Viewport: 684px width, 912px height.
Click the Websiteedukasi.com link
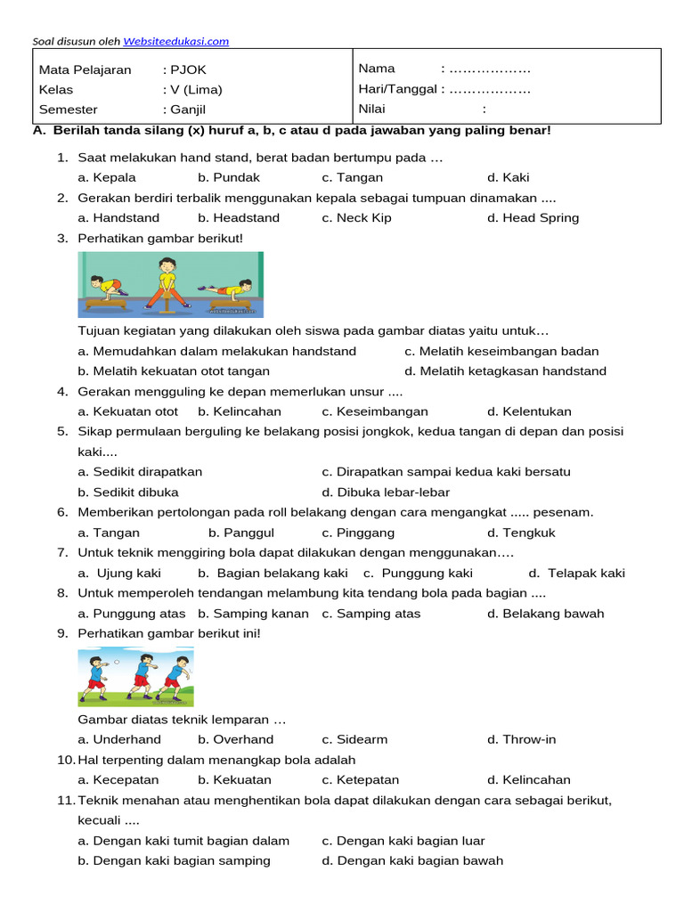click(175, 41)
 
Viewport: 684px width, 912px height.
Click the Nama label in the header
click(377, 69)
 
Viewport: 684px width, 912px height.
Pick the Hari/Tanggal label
click(397, 89)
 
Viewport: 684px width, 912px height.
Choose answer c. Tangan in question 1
click(353, 177)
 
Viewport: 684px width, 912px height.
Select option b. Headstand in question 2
click(239, 217)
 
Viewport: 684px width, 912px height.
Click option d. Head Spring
click(533, 217)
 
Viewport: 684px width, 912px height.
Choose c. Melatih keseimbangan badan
click(501, 351)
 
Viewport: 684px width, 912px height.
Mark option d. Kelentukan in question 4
click(529, 411)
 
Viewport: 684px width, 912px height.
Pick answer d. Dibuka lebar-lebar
click(386, 492)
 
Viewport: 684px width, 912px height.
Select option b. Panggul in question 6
click(236, 533)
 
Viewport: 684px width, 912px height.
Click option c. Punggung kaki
click(418, 573)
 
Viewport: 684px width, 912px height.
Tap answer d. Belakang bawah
click(545, 613)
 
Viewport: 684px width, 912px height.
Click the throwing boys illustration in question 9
click(135, 676)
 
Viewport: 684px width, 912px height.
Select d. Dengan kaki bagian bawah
click(412, 860)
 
